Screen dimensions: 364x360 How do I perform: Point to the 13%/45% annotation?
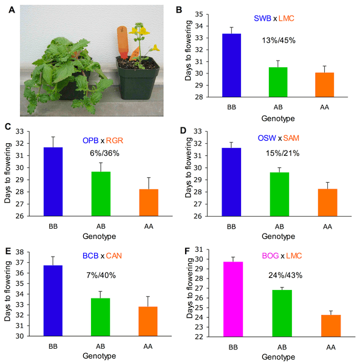pos(279,41)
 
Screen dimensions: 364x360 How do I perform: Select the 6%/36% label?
pos(103,153)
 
